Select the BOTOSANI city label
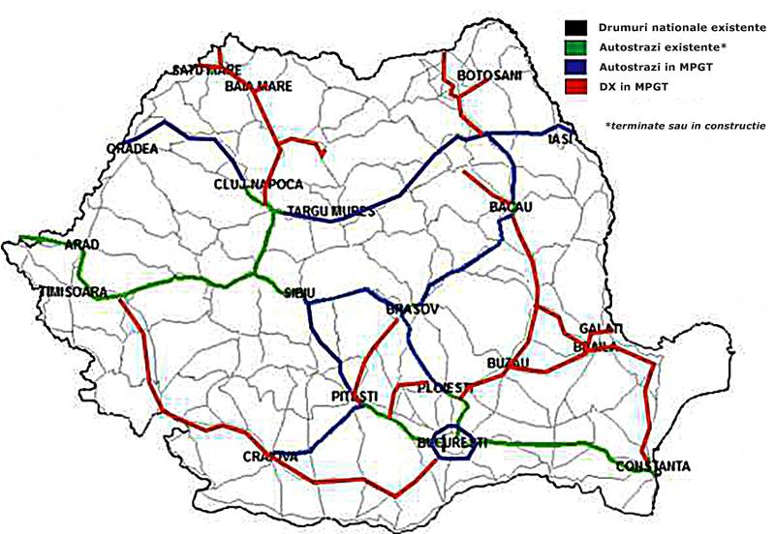click(489, 75)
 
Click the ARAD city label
click(82, 245)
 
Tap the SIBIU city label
click(300, 291)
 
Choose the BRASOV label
click(413, 309)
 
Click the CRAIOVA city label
click(270, 456)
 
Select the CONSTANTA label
click(652, 467)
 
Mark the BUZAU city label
click(510, 362)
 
